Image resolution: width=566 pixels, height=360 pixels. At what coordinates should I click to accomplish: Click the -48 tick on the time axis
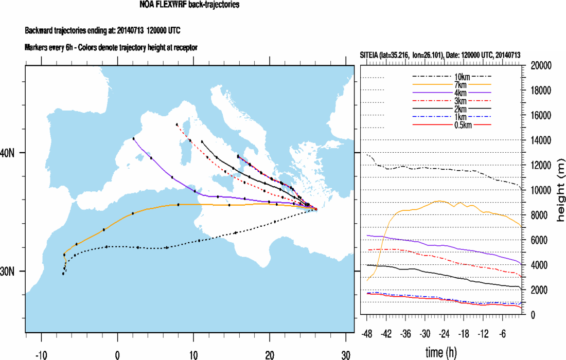[x=368, y=334]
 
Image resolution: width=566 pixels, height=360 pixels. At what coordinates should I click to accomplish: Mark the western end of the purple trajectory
[x=133, y=138]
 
